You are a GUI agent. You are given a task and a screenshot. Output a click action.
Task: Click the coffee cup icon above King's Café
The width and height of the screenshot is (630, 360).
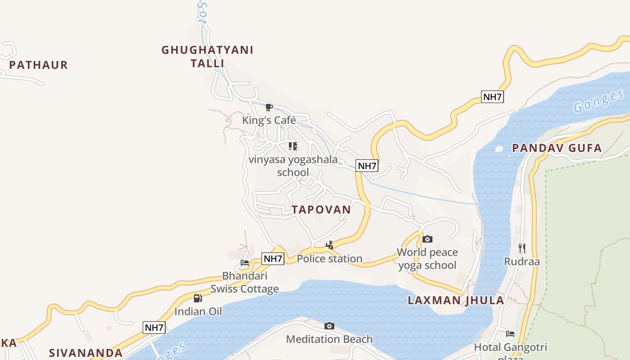click(x=269, y=107)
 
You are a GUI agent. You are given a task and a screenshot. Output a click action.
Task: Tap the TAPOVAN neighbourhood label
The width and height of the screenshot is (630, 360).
click(x=321, y=210)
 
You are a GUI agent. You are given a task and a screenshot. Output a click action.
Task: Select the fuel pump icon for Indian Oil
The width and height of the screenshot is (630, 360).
click(x=198, y=298)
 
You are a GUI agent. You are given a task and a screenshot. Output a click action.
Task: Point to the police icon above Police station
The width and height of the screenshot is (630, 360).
click(x=330, y=245)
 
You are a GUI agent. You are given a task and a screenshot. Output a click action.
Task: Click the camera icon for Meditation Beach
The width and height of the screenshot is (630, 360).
click(x=329, y=326)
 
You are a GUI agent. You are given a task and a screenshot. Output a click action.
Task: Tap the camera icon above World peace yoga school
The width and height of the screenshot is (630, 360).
click(x=427, y=239)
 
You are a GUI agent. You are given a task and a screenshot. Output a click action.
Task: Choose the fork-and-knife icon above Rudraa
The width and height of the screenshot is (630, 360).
click(x=522, y=248)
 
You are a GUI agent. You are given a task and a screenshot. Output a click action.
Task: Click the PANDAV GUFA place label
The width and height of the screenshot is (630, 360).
click(x=557, y=148)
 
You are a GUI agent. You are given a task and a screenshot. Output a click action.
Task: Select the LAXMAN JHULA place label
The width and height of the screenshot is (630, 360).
click(x=455, y=301)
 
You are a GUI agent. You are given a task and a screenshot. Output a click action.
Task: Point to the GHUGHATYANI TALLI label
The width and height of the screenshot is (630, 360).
click(x=207, y=56)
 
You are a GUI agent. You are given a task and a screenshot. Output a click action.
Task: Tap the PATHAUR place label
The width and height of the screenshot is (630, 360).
click(x=38, y=65)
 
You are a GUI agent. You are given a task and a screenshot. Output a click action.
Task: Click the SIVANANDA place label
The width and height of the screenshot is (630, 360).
click(x=85, y=353)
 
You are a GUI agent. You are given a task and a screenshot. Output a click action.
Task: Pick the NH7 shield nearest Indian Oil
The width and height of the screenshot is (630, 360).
click(x=154, y=328)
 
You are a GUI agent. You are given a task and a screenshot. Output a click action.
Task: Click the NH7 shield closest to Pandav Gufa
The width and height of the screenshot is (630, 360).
click(x=492, y=97)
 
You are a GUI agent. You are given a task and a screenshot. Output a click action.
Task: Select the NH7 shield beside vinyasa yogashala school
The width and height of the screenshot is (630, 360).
click(x=367, y=166)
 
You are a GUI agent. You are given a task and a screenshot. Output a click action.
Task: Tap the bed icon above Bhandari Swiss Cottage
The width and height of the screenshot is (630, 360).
click(x=245, y=263)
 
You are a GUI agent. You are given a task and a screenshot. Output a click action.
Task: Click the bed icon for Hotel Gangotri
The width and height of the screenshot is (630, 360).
click(x=510, y=334)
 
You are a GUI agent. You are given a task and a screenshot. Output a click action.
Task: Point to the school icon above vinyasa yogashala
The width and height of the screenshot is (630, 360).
click(x=293, y=146)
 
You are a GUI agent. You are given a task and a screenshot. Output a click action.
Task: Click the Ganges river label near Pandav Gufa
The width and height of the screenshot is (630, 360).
click(x=598, y=102)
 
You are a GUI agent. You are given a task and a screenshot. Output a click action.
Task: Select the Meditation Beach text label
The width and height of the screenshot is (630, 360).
click(x=329, y=339)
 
